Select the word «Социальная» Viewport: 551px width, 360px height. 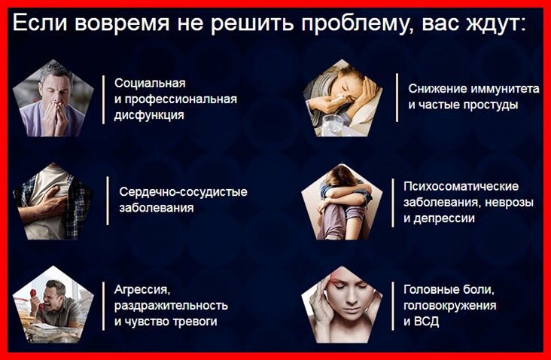[x=150, y=84]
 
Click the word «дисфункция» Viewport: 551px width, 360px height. [x=149, y=115]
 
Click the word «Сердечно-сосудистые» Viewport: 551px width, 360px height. [x=183, y=192]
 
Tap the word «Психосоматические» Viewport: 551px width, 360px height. [x=461, y=186]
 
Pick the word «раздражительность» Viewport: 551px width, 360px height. [x=171, y=306]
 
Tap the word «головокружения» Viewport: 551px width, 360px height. [x=450, y=306]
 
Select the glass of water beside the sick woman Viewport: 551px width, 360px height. [x=332, y=125]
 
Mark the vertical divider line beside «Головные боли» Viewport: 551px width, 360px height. [x=392, y=306]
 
